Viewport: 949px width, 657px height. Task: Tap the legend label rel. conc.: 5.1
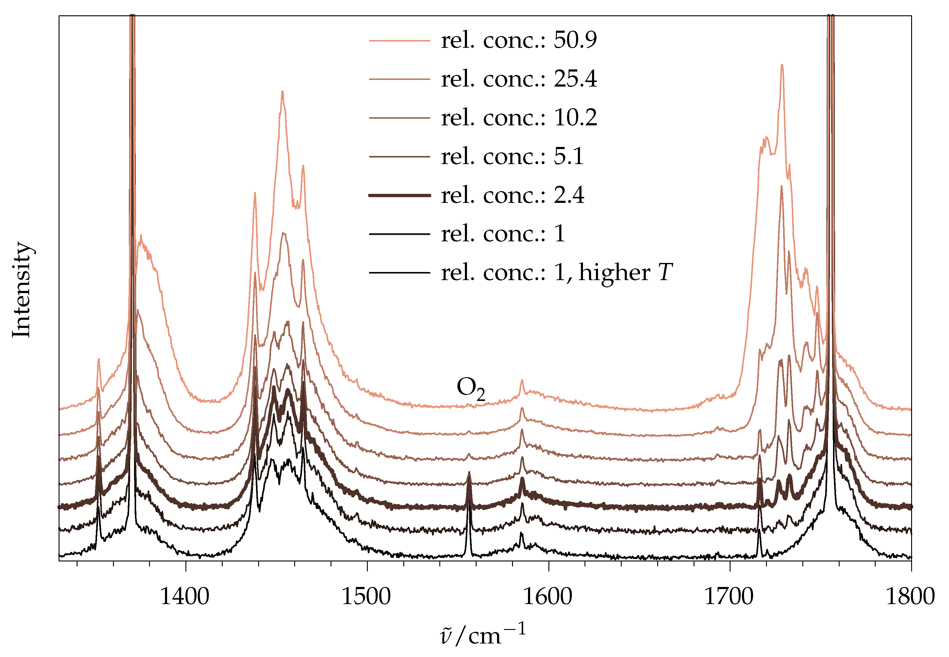coord(512,156)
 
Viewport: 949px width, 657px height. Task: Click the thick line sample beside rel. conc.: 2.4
coord(399,195)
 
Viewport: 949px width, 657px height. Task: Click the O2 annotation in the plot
coord(470,388)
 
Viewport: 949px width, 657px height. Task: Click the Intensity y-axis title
coord(21,289)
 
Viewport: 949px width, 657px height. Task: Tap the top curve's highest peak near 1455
coord(282,92)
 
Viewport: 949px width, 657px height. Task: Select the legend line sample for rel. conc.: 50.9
coord(399,40)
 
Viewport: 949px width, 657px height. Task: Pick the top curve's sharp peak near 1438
coord(255,193)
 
